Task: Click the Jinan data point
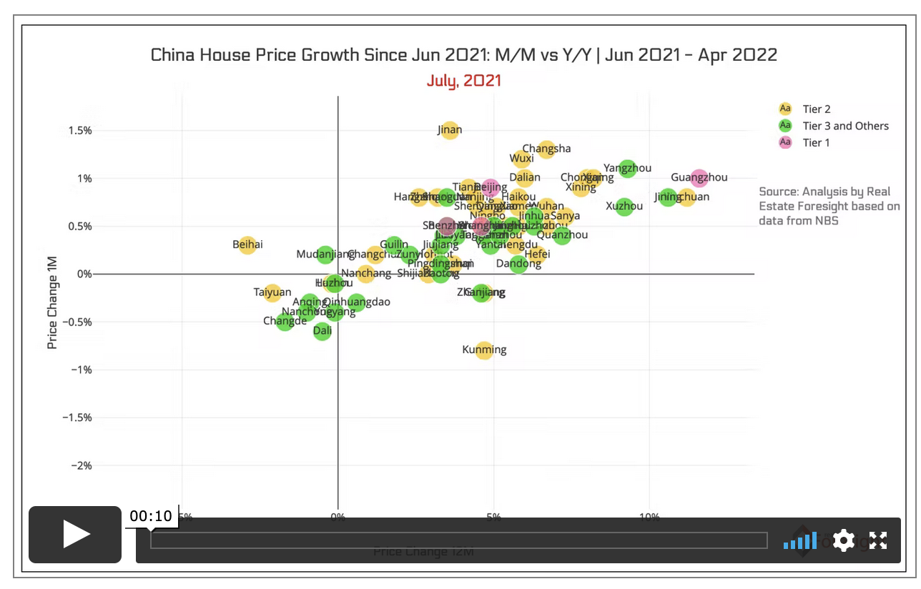(450, 130)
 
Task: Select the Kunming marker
(484, 350)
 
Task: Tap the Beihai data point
(247, 245)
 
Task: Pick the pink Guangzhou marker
(699, 178)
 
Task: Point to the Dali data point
(322, 331)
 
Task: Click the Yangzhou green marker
(628, 169)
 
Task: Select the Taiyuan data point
(272, 292)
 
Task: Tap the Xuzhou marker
(624, 207)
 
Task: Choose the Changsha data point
(547, 149)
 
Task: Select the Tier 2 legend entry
(816, 109)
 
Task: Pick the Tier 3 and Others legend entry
(845, 126)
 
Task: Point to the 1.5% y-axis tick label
(79, 130)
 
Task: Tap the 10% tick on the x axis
(649, 517)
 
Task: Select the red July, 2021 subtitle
(464, 80)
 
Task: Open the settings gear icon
(844, 540)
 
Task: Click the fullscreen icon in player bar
(878, 540)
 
